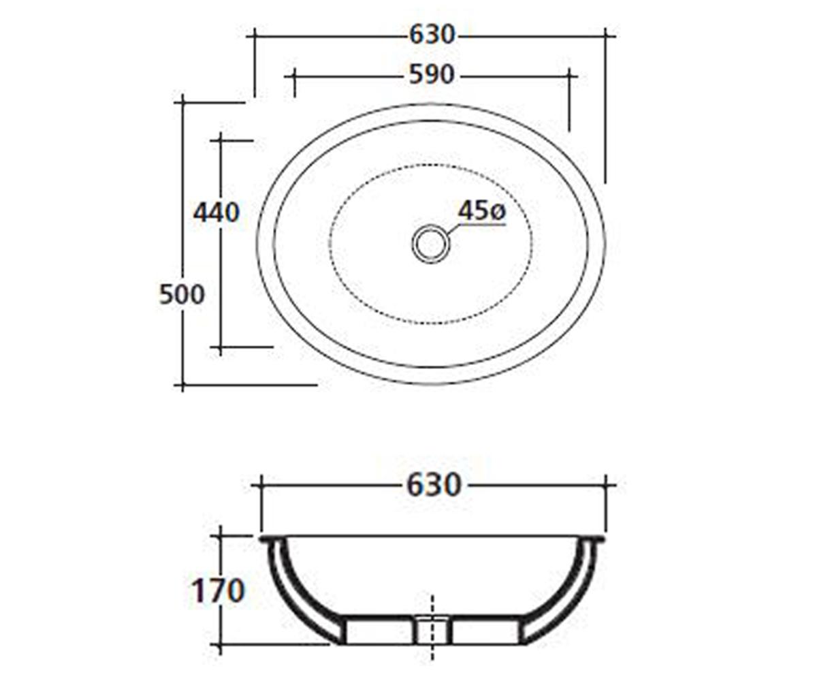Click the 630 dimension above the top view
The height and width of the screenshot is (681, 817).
tap(432, 35)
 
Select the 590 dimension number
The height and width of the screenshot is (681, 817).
tap(432, 75)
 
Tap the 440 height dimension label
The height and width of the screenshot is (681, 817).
tap(216, 213)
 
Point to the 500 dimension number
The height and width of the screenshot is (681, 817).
tap(182, 294)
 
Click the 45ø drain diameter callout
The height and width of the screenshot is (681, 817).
tap(482, 211)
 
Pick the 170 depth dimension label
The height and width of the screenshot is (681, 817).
tap(218, 590)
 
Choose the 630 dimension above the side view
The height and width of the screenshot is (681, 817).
tap(434, 486)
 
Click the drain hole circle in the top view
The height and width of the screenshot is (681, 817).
tap(430, 244)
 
